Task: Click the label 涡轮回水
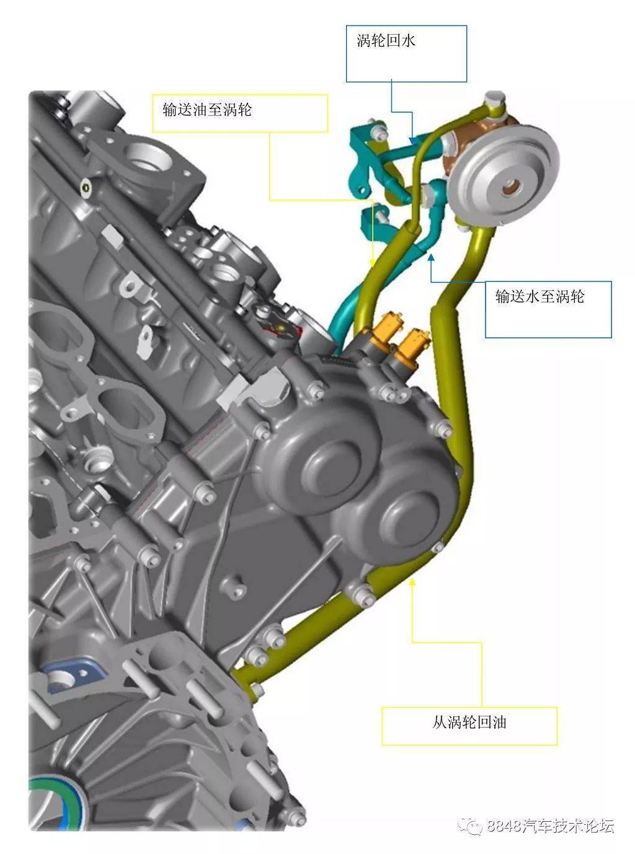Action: click(386, 42)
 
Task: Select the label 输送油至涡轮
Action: click(207, 110)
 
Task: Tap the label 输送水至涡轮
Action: click(540, 296)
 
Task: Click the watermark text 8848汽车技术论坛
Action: click(550, 826)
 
